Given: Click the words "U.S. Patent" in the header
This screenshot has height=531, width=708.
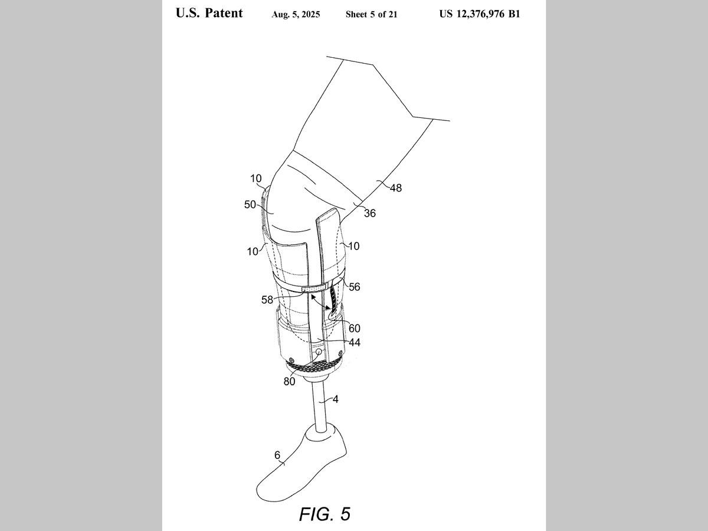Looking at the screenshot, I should click(209, 14).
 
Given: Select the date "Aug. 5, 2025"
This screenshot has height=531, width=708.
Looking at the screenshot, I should click(296, 15).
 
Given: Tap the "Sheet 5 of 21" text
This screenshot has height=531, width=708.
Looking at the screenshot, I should click(371, 15).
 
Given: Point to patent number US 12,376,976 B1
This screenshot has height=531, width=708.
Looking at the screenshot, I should click(479, 14).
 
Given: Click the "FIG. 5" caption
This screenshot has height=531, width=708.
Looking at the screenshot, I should click(324, 514).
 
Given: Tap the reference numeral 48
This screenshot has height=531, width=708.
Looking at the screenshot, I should click(395, 188).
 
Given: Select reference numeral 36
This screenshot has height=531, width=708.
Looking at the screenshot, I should click(369, 214).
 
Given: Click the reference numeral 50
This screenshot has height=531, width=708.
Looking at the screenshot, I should click(250, 205).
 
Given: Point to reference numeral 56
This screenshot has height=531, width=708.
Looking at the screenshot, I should click(354, 287).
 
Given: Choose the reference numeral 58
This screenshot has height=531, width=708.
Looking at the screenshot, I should click(267, 300).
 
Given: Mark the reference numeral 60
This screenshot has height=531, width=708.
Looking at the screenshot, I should click(354, 328).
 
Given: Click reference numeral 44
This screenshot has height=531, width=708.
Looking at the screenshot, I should click(354, 342).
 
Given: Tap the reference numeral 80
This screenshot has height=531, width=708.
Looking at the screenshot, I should click(289, 381).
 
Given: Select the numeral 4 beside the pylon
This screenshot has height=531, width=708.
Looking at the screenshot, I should click(335, 399).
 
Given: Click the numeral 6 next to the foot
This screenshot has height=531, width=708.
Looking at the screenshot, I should click(277, 455).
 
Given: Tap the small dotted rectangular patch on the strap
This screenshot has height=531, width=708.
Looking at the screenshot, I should click(313, 289).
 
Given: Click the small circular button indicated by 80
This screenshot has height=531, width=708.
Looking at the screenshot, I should click(319, 352).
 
